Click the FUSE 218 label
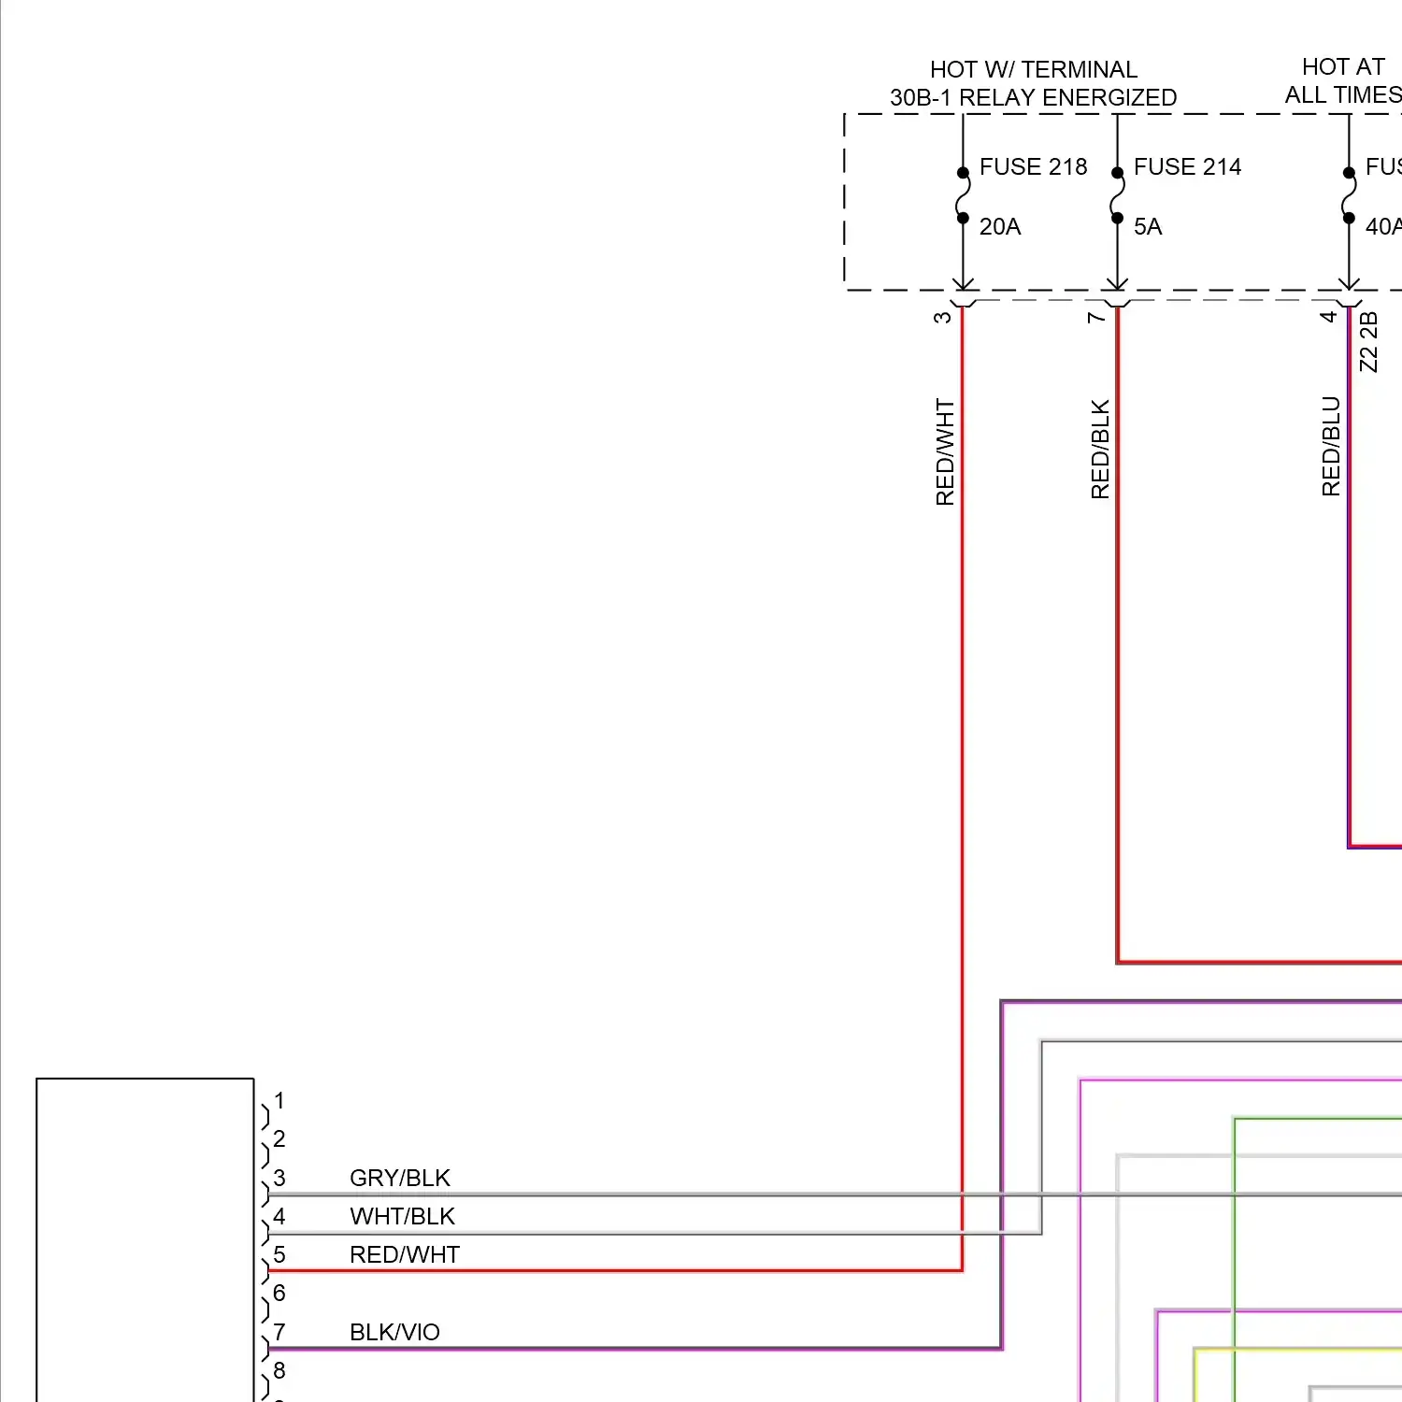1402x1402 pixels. tap(1033, 167)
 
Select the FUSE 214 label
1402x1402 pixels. tap(1187, 167)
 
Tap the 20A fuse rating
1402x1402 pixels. tap(999, 227)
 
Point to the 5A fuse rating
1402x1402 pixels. tap(1148, 227)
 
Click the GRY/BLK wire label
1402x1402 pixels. tap(400, 1178)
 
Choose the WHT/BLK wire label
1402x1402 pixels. tap(402, 1216)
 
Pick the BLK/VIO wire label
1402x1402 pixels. tap(394, 1332)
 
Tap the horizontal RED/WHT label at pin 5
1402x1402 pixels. tap(405, 1254)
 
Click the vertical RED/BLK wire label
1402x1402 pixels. tap(1100, 450)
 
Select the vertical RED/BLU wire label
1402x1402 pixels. tap(1331, 447)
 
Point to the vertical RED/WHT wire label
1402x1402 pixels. tap(945, 452)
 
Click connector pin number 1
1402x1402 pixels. tap(279, 1101)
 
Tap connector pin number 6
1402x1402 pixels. tap(279, 1294)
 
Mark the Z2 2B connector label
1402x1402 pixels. tap(1368, 342)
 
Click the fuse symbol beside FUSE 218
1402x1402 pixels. tap(963, 195)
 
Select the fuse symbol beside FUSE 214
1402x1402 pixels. tap(1117, 195)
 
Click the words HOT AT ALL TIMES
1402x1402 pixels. tap(1343, 81)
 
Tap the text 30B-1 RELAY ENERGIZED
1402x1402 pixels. tap(1033, 98)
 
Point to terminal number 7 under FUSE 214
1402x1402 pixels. tap(1095, 317)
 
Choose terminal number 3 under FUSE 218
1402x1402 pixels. tap(941, 317)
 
